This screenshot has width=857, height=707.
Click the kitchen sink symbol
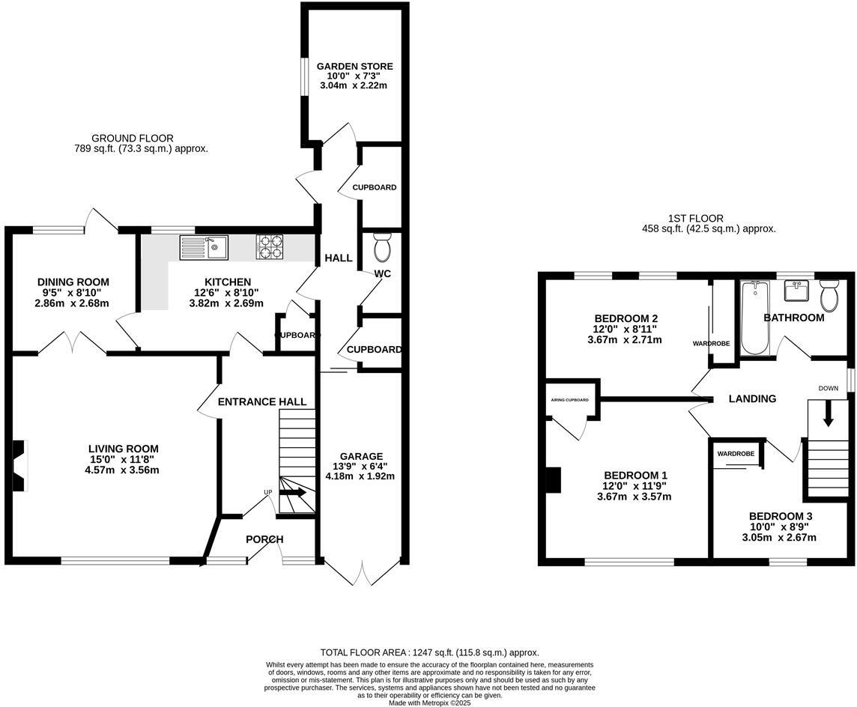pos(204,246)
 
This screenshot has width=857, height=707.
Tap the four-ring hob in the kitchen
pos(271,246)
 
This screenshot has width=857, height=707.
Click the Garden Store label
pos(354,67)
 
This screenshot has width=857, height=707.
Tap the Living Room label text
pos(124,449)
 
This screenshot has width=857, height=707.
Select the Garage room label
pos(361,456)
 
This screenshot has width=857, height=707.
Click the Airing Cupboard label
pos(570,400)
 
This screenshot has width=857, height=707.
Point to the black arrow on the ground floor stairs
pos(293,492)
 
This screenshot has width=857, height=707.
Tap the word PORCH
pos(264,539)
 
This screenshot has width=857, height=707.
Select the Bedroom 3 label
pos(780,516)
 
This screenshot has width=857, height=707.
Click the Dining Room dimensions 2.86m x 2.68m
pos(72,303)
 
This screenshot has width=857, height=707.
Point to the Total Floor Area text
pos(429,652)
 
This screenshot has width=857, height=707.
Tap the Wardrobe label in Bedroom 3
pos(735,454)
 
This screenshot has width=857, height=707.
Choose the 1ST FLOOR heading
pos(696,218)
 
